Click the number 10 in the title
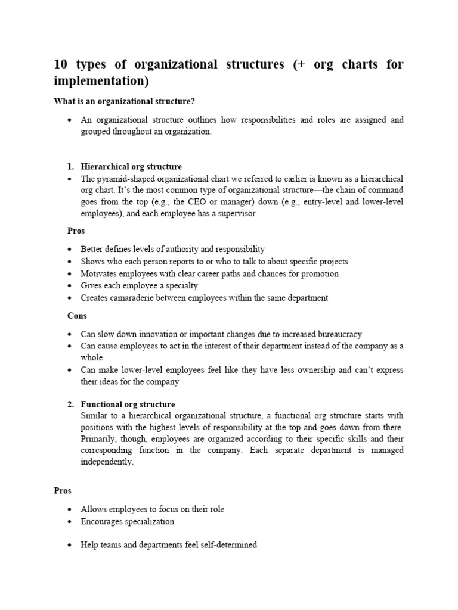61,65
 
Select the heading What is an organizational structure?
125,102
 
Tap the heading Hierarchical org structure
131,167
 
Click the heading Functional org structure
128,404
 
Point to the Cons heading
77,316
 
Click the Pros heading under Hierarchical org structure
75,231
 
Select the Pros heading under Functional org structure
63,491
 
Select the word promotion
318,273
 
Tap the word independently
107,462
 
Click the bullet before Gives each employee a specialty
70,286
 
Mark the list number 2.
69,404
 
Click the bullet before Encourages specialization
70,522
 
